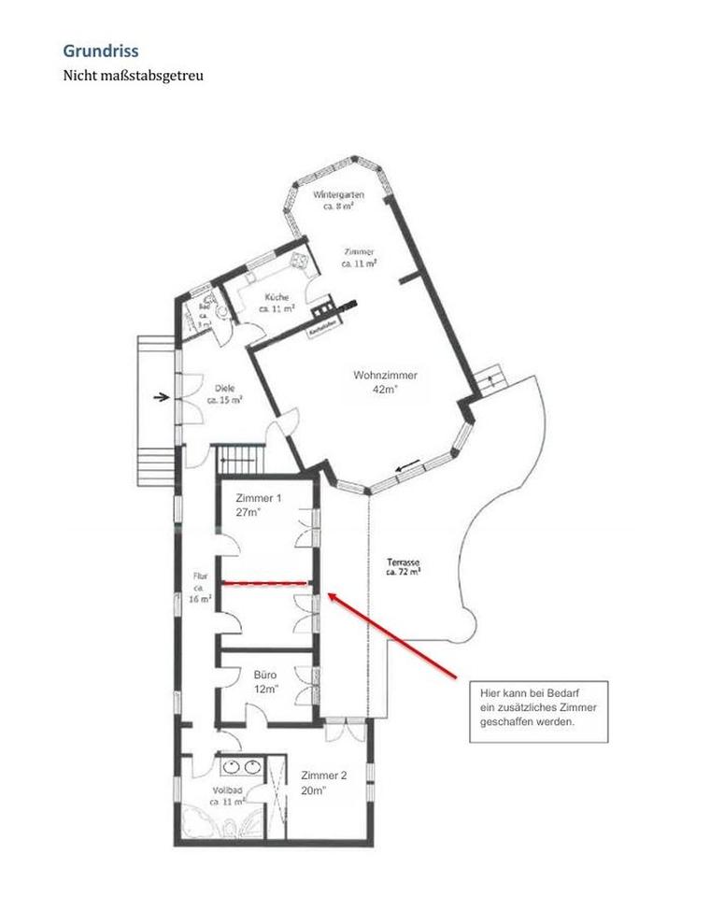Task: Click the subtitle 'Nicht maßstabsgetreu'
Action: click(x=133, y=75)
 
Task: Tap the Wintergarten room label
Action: click(x=338, y=194)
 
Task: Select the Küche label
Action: click(x=277, y=297)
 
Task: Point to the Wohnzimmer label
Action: click(x=385, y=376)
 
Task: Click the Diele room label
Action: click(x=224, y=388)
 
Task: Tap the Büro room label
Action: click(x=266, y=674)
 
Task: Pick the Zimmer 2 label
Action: click(x=324, y=776)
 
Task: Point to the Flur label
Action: click(x=199, y=577)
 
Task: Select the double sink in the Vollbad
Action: click(x=242, y=767)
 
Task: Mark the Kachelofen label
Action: click(x=319, y=332)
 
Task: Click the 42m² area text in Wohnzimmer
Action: click(x=385, y=389)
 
